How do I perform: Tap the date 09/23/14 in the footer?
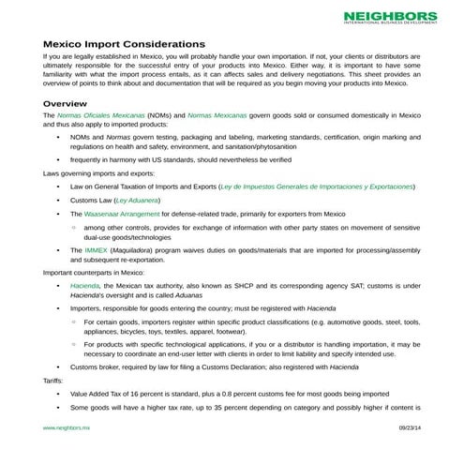[x=410, y=427]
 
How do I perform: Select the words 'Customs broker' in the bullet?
[x=97, y=367]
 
